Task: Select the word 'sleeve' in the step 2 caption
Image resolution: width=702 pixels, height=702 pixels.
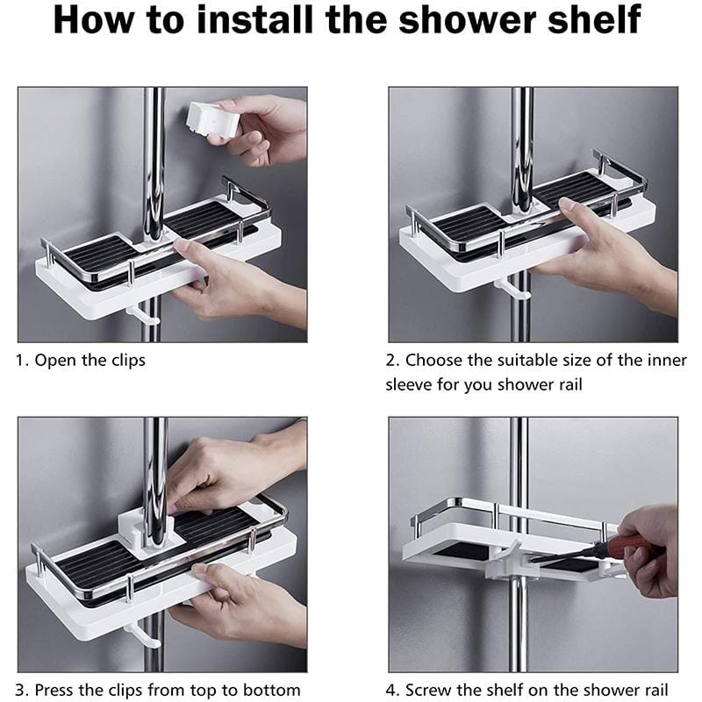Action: [x=412, y=384]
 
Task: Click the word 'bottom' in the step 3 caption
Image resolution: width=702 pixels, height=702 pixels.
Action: [x=269, y=689]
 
